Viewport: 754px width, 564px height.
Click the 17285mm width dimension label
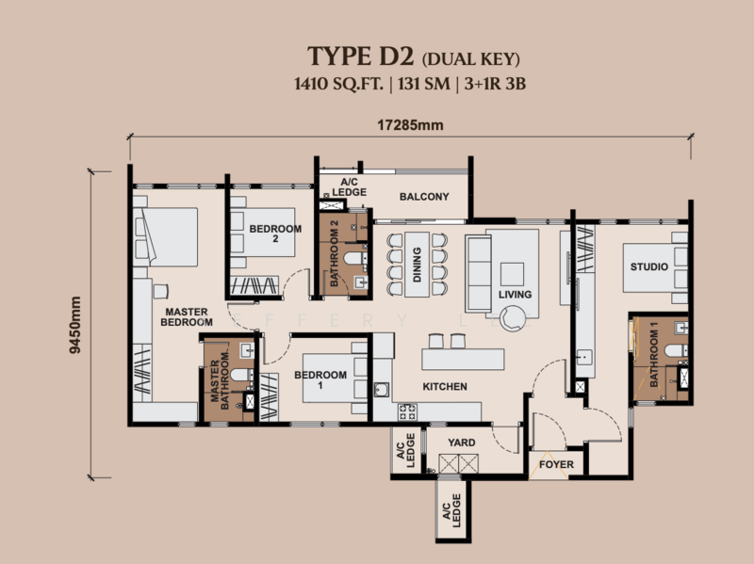410,125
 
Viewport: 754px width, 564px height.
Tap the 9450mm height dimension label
75,325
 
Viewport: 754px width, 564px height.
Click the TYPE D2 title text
361,56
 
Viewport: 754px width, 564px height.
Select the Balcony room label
424,197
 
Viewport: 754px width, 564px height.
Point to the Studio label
649,266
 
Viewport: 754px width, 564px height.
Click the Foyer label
556,464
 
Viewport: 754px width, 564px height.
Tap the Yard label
462,443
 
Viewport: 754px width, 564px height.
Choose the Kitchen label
445,386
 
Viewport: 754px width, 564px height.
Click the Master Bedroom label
187,317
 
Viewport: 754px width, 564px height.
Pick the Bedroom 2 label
275,234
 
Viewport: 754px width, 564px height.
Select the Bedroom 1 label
320,379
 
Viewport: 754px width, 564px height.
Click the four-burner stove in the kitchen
407,411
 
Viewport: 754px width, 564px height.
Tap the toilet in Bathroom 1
676,350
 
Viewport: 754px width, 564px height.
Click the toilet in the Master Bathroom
242,375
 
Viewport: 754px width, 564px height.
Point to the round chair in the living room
513,319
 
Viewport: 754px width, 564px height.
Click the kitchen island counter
463,360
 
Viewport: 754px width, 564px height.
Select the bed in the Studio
655,267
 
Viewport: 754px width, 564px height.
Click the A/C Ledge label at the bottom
452,510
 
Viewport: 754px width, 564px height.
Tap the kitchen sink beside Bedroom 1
382,390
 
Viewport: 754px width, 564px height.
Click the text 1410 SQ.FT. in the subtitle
339,84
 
